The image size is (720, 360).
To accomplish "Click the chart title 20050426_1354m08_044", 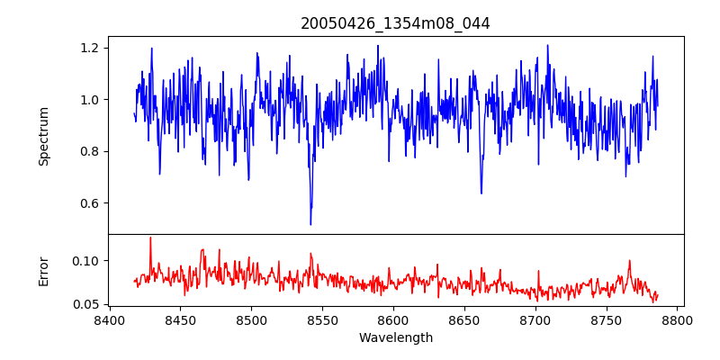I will click(x=395, y=23).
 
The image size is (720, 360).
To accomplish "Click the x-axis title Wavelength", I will click(x=395, y=337).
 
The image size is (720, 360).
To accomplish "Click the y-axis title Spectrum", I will click(x=43, y=135).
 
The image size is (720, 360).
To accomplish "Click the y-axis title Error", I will click(x=43, y=270).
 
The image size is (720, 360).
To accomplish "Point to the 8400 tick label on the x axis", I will click(x=109, y=319).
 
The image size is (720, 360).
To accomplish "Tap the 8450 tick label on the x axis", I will click(x=180, y=319).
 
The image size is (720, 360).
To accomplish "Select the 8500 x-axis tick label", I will click(x=251, y=319).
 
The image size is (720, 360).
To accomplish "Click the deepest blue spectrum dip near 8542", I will click(x=310, y=224).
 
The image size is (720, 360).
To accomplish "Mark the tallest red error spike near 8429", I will click(x=150, y=238).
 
